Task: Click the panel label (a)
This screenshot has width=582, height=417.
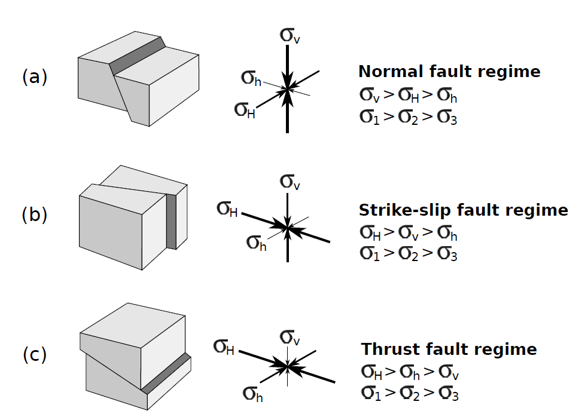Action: [34, 78]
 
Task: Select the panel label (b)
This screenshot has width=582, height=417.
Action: [34, 215]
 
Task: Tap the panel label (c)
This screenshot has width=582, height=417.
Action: [34, 355]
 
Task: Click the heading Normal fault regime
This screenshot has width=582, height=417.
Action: [449, 72]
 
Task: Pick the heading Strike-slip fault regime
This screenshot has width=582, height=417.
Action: [463, 210]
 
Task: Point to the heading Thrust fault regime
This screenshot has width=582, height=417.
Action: [449, 349]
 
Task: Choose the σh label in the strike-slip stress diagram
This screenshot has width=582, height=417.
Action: [257, 243]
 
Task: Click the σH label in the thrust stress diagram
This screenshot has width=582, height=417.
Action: [224, 347]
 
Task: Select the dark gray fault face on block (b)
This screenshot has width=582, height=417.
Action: [172, 221]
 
